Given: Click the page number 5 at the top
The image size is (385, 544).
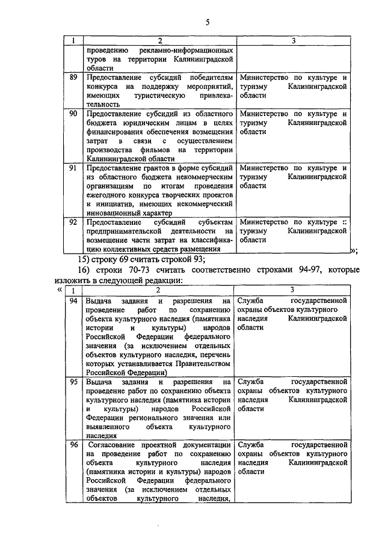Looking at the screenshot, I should point(207,23).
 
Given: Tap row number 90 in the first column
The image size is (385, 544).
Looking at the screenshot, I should point(73,113).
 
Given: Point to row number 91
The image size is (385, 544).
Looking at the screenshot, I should point(73,168).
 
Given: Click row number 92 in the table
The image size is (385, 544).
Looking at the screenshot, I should point(73,222).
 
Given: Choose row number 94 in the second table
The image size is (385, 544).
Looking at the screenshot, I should point(73,301).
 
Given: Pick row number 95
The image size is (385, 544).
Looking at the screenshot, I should point(73,382).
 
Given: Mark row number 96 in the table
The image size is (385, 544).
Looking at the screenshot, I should point(73,445).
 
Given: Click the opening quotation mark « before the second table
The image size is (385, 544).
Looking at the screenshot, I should point(58,290).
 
